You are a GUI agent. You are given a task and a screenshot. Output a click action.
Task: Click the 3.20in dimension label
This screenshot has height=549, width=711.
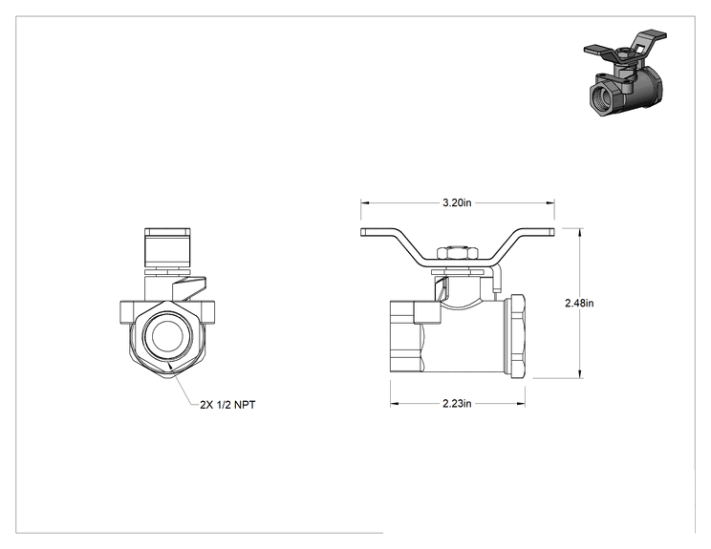tap(457, 202)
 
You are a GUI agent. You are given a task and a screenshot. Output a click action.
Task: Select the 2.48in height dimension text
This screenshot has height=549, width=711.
tap(579, 303)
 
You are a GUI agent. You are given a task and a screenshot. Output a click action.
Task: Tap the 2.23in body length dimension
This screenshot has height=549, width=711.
tap(457, 403)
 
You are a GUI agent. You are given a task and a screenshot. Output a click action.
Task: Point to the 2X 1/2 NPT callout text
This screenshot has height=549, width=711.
tap(227, 405)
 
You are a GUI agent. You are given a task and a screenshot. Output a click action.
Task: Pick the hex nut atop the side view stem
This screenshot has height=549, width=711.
tap(457, 253)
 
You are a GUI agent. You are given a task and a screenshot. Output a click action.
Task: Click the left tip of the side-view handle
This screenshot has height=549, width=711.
tap(362, 232)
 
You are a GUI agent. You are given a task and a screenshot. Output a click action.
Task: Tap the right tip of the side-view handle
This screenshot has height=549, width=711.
tap(553, 232)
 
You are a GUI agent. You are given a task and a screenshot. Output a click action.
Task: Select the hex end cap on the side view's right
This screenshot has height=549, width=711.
tap(515, 336)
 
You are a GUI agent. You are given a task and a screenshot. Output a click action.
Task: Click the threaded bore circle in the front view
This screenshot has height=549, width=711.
tap(167, 336)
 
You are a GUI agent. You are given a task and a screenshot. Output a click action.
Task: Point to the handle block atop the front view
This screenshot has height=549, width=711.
tap(167, 247)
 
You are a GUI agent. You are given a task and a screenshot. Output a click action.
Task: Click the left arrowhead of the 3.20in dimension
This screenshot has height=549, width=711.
tap(365, 203)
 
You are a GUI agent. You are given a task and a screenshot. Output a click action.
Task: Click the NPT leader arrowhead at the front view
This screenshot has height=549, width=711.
tap(169, 366)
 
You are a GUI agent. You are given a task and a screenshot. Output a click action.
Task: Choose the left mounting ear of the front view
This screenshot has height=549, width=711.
tap(127, 312)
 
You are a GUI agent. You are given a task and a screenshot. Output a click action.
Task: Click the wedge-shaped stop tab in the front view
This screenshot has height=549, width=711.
tap(190, 288)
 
